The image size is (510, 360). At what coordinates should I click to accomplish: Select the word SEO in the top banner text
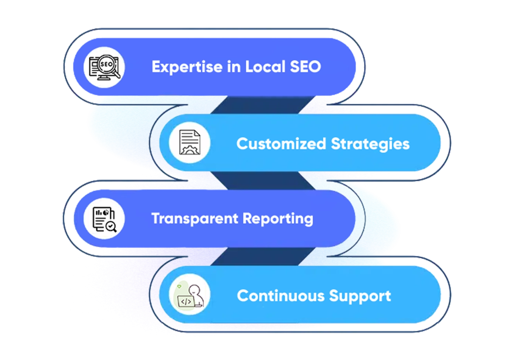(305, 67)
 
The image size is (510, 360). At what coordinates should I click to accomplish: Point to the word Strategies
(370, 144)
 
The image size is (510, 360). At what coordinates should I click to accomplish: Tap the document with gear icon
(190, 143)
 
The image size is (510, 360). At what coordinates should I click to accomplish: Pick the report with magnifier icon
(104, 219)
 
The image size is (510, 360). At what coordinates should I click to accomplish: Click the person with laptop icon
(190, 295)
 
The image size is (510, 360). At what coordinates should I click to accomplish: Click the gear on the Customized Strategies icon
(189, 149)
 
